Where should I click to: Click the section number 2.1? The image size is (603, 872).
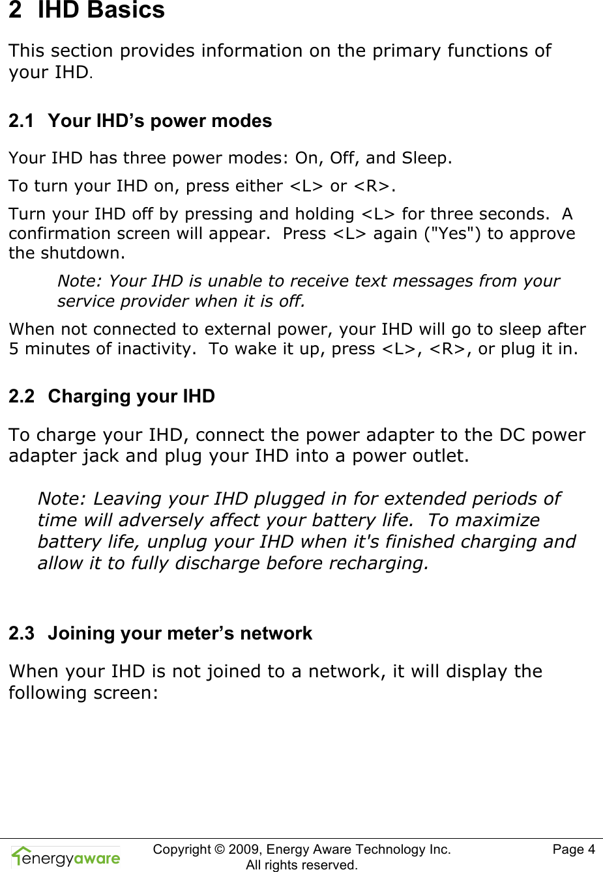coord(21,121)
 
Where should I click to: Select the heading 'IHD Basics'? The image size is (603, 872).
coord(101,10)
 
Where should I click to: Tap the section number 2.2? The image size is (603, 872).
coord(21,397)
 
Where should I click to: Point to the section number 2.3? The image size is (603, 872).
coord(21,634)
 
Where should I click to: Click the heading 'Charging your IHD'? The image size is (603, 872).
coord(131,397)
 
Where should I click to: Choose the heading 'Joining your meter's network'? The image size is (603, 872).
coord(180,634)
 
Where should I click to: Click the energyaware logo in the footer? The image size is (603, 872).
coord(66,857)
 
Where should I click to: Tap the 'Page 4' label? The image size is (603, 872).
coord(573,849)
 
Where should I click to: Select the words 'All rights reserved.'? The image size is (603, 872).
coord(301,865)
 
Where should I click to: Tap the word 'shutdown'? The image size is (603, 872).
coord(89,253)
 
